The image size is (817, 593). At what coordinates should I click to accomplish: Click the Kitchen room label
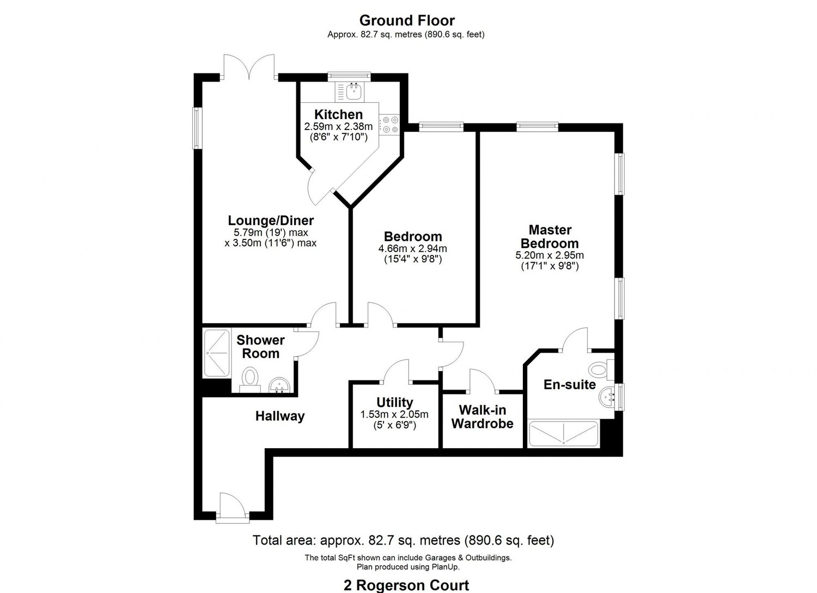[x=338, y=115]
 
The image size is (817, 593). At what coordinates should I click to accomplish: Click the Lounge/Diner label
[x=271, y=221]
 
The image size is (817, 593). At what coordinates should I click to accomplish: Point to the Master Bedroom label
[x=550, y=237]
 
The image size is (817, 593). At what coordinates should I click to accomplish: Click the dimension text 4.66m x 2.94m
[x=412, y=249]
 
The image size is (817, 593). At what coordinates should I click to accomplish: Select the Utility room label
[x=394, y=403]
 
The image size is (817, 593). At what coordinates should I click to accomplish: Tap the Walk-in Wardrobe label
[x=482, y=417]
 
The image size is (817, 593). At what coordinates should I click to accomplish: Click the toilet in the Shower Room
[x=250, y=377]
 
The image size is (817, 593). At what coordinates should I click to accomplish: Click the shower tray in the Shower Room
[x=217, y=353]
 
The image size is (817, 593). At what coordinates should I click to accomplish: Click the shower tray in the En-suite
[x=564, y=434]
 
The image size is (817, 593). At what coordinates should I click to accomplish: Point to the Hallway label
[x=280, y=417]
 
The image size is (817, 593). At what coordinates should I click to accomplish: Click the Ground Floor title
[x=406, y=21]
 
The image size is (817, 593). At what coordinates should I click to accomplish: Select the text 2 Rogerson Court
[x=406, y=585]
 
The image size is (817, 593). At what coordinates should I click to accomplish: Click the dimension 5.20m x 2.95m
[x=550, y=255]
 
